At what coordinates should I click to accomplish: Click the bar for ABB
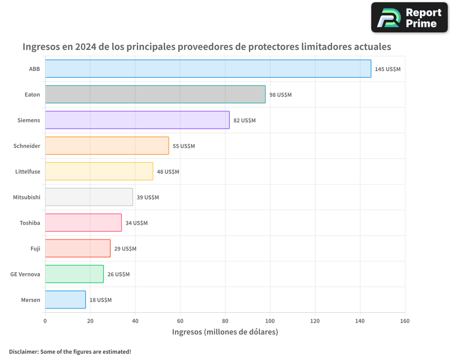point(208,69)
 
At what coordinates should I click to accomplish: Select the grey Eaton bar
point(155,94)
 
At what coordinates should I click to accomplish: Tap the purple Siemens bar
point(137,120)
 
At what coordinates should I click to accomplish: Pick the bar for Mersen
point(65,300)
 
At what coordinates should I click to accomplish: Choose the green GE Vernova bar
point(74,274)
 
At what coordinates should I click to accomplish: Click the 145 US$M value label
point(387,69)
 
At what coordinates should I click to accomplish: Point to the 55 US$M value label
point(184,146)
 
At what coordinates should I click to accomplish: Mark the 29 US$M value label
point(125,249)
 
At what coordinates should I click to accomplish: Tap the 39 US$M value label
point(148,198)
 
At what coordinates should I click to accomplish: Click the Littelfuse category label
point(27,171)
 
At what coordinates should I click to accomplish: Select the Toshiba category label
point(30,223)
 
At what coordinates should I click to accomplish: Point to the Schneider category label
point(27,146)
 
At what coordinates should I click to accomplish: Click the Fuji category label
point(35,248)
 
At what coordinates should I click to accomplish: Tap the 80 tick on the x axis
point(225,321)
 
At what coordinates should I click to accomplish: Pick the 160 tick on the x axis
point(405,321)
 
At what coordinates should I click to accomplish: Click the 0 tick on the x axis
point(45,321)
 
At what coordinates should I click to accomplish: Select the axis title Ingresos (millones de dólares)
point(225,332)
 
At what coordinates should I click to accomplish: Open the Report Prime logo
point(409,18)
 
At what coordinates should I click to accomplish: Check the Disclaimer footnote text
point(70,351)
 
